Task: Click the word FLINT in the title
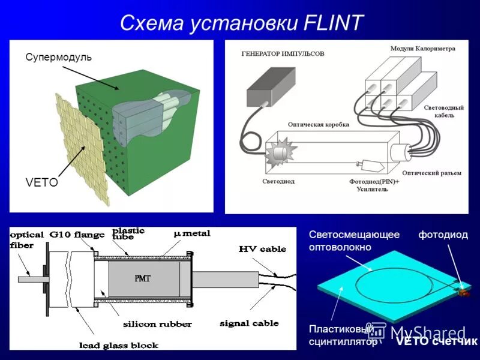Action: (x=332, y=23)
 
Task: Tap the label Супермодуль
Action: (x=58, y=57)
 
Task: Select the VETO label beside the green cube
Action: (x=41, y=182)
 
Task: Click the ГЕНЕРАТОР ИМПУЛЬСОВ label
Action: (x=283, y=53)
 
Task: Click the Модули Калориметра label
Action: (x=422, y=48)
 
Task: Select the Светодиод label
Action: (x=278, y=181)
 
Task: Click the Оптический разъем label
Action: (x=431, y=173)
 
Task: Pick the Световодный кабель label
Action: (x=443, y=111)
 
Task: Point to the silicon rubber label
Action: (x=157, y=324)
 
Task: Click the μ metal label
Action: (x=191, y=233)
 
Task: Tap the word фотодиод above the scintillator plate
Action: (x=443, y=235)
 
